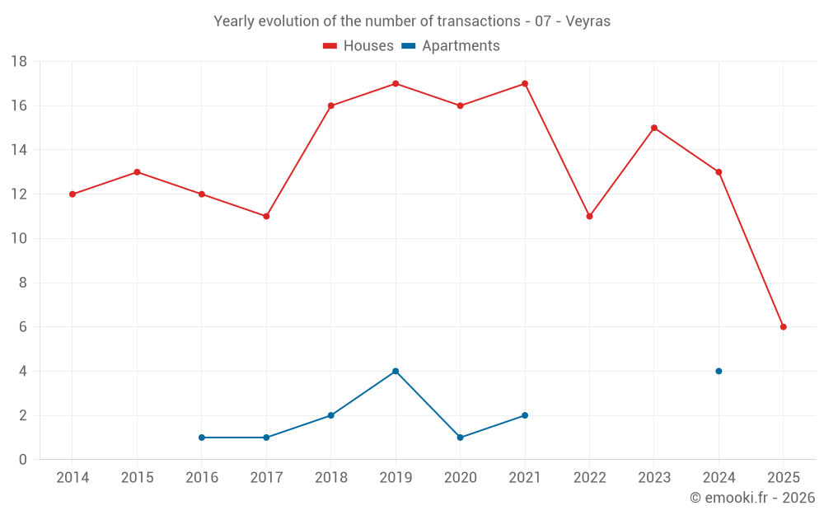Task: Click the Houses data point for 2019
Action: (x=396, y=83)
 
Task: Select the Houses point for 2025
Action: (x=784, y=327)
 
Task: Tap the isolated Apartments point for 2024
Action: (x=719, y=371)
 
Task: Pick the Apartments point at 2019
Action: (x=396, y=371)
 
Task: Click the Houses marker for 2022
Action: (x=589, y=216)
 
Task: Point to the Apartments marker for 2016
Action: (x=202, y=438)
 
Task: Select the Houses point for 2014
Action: (x=73, y=194)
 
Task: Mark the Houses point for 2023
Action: (x=654, y=128)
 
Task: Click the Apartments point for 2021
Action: (x=525, y=415)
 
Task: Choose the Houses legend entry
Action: (x=358, y=46)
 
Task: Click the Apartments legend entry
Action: (x=451, y=46)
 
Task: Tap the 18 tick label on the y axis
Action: (x=19, y=62)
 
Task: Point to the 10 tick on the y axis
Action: (x=19, y=239)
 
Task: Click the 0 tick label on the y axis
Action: (x=23, y=460)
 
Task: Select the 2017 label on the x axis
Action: (x=266, y=478)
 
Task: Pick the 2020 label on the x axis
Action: (x=460, y=478)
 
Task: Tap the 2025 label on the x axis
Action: (x=784, y=478)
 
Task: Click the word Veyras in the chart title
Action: (x=588, y=21)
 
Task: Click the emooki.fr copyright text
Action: (x=752, y=498)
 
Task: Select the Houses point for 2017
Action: (x=266, y=216)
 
